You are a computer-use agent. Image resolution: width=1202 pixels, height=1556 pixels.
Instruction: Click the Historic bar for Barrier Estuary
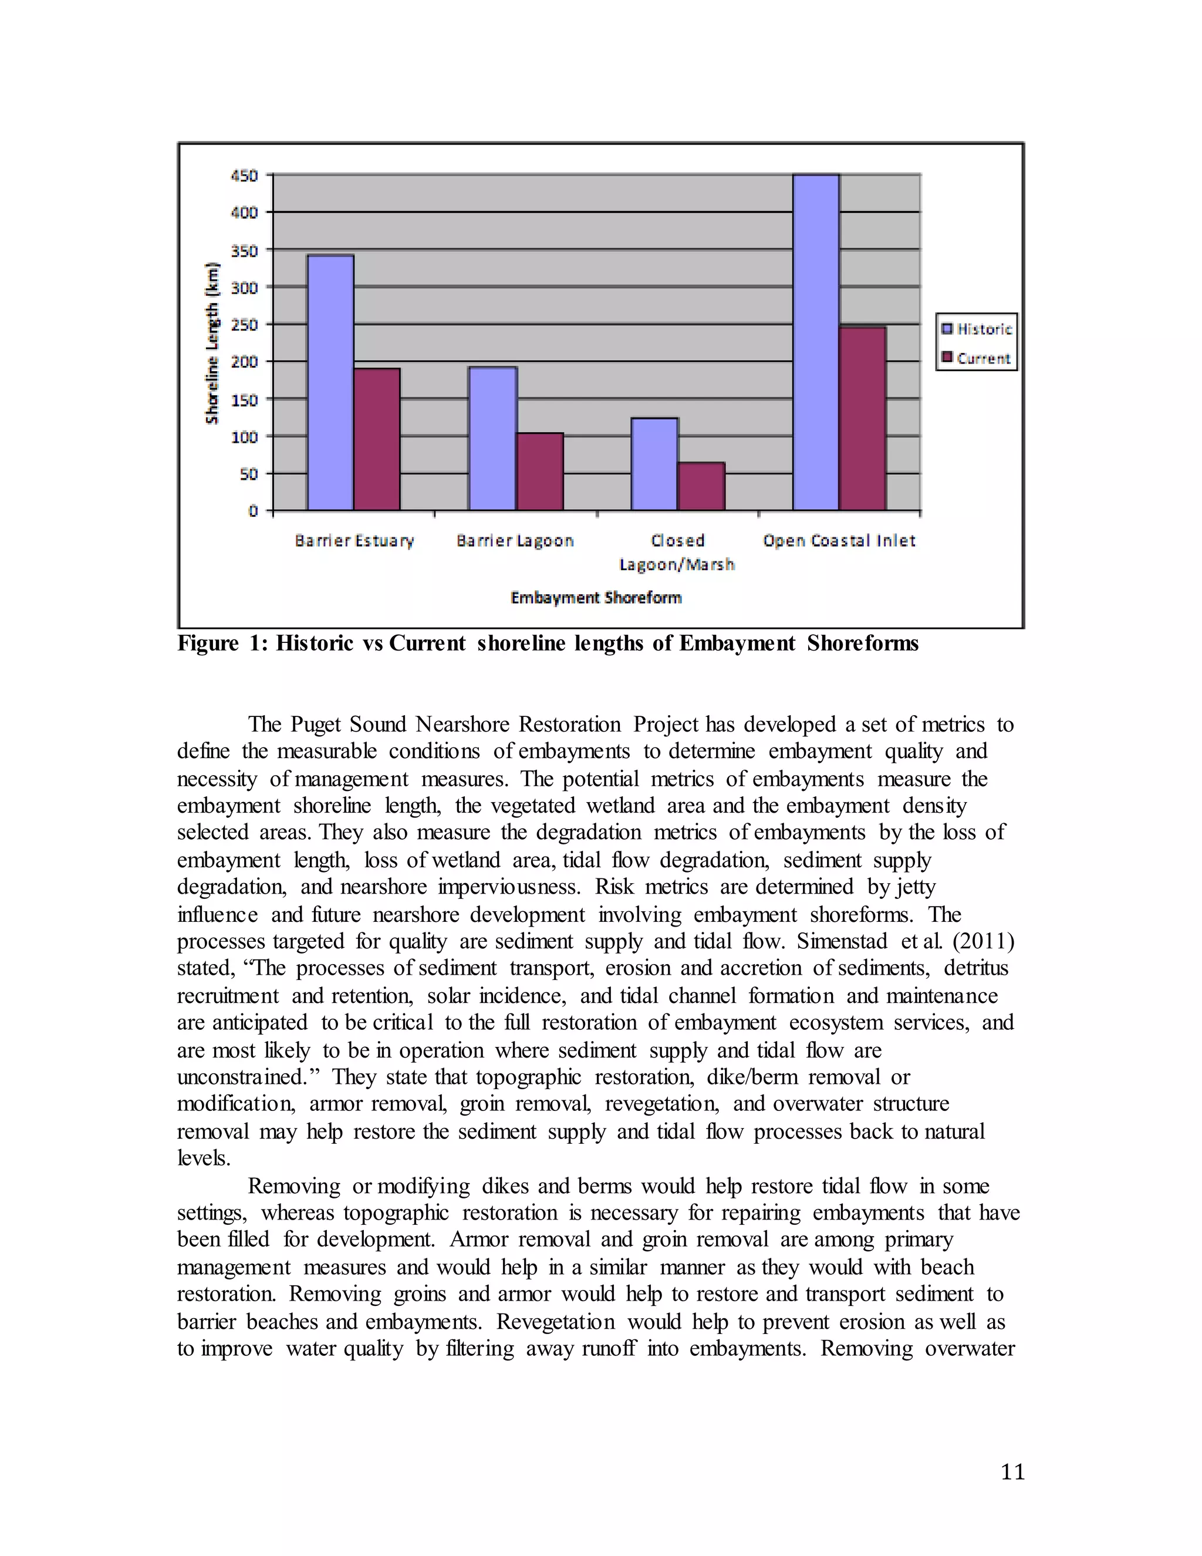click(x=330, y=383)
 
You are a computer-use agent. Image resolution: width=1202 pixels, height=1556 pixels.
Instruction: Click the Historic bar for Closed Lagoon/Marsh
click(x=654, y=464)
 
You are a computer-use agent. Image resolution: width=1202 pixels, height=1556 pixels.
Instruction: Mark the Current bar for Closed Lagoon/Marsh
click(x=701, y=486)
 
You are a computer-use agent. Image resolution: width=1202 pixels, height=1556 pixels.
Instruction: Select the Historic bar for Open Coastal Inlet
click(x=815, y=342)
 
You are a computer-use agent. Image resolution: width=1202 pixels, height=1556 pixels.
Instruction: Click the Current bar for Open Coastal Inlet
click(x=862, y=418)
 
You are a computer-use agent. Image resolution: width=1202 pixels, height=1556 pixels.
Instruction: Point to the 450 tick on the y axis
click(x=244, y=175)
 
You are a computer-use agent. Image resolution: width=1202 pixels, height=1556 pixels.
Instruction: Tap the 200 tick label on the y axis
click(x=244, y=362)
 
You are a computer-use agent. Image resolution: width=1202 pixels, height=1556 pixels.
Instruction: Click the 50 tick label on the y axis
click(x=248, y=474)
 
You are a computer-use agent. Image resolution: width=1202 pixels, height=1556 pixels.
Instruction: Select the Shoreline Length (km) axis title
click(x=211, y=343)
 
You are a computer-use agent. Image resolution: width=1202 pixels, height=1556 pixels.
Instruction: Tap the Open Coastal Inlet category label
click(x=838, y=541)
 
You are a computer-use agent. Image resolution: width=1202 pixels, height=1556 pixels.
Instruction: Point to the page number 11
click(x=1012, y=1472)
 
